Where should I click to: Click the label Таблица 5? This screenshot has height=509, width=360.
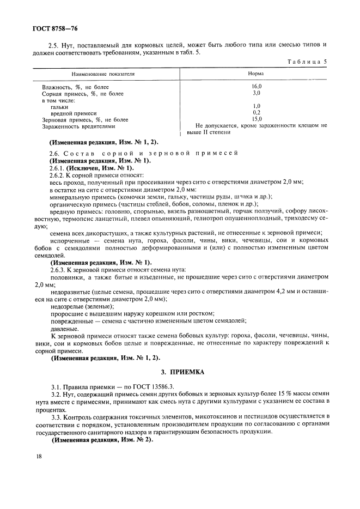point(307,62)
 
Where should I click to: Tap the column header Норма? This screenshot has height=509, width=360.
point(256,73)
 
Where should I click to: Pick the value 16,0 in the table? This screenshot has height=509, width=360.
point(257,87)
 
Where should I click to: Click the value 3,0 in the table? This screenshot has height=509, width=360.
point(257,93)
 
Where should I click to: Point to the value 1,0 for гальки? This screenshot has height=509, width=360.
point(257,106)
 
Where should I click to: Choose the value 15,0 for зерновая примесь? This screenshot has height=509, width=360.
point(257,119)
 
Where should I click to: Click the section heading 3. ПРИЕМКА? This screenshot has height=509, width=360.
point(180,372)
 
